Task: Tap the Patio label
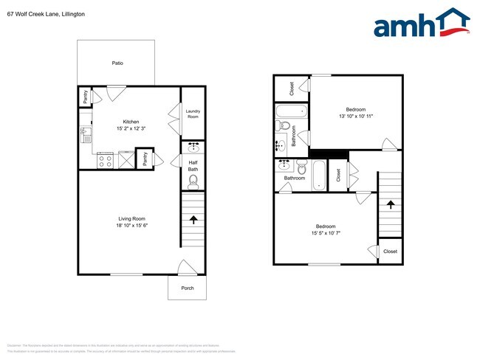coord(117,63)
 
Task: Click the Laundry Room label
coord(193,114)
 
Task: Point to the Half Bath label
coord(193,166)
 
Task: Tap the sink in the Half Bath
coord(193,147)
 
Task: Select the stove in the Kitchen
coord(105,159)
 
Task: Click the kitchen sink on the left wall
coord(84,134)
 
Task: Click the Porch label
coord(188,288)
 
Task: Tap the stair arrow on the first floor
coord(193,220)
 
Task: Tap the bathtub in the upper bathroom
coord(291,112)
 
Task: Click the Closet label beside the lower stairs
coord(390,252)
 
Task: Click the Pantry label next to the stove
coord(145,159)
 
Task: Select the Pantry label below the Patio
coord(85,96)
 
